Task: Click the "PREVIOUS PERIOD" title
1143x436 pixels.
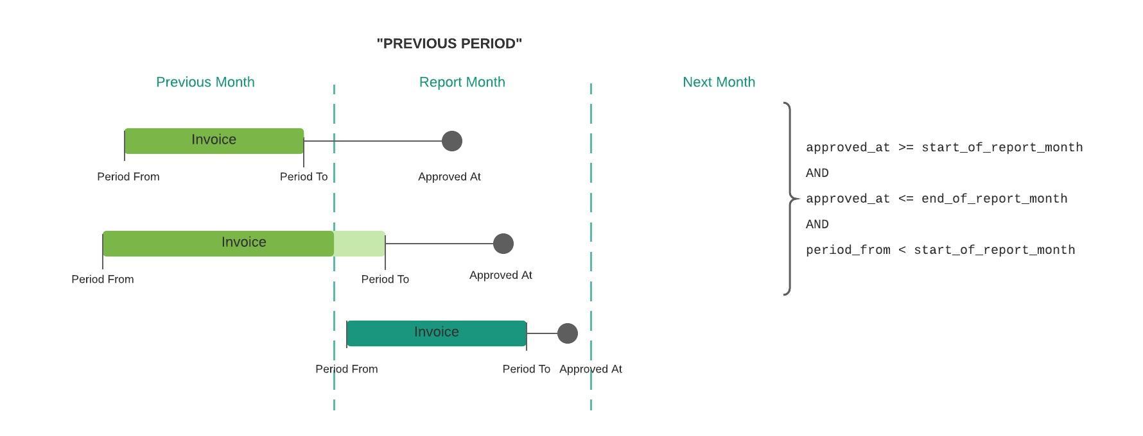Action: [x=449, y=44]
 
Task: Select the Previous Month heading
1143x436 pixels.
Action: [x=205, y=82]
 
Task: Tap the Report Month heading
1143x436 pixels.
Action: [x=462, y=82]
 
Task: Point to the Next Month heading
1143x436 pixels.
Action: [x=719, y=82]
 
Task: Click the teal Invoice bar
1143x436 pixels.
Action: [x=437, y=333]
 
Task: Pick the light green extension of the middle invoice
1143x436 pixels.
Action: [x=360, y=244]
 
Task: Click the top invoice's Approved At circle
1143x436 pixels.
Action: [x=452, y=141]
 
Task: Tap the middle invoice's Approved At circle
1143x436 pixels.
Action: [x=503, y=244]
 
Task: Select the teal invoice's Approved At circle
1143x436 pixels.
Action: [x=568, y=333]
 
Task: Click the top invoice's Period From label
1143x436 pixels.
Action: [x=128, y=177]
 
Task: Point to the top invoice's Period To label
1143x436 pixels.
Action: [x=304, y=177]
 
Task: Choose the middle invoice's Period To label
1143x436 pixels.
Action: [x=385, y=280]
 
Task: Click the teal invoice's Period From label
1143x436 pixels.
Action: [x=347, y=369]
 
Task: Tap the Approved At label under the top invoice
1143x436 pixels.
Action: [x=449, y=177]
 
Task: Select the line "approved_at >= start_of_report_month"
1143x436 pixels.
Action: [x=945, y=148]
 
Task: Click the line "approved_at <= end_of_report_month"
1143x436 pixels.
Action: [x=937, y=199]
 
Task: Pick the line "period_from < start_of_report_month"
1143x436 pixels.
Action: [x=941, y=251]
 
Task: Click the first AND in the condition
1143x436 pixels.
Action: [x=817, y=173]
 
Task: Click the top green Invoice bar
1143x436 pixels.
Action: [x=214, y=141]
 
